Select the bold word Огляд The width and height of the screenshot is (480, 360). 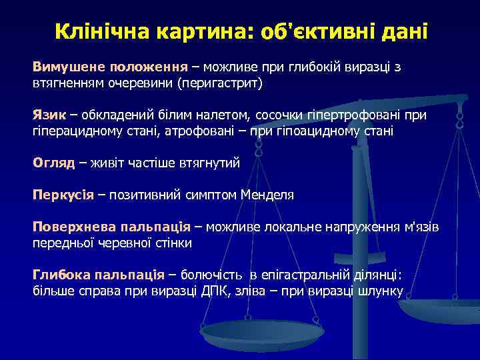pyautogui.click(x=54, y=162)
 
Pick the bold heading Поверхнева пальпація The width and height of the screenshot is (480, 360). pyautogui.click(x=111, y=227)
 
